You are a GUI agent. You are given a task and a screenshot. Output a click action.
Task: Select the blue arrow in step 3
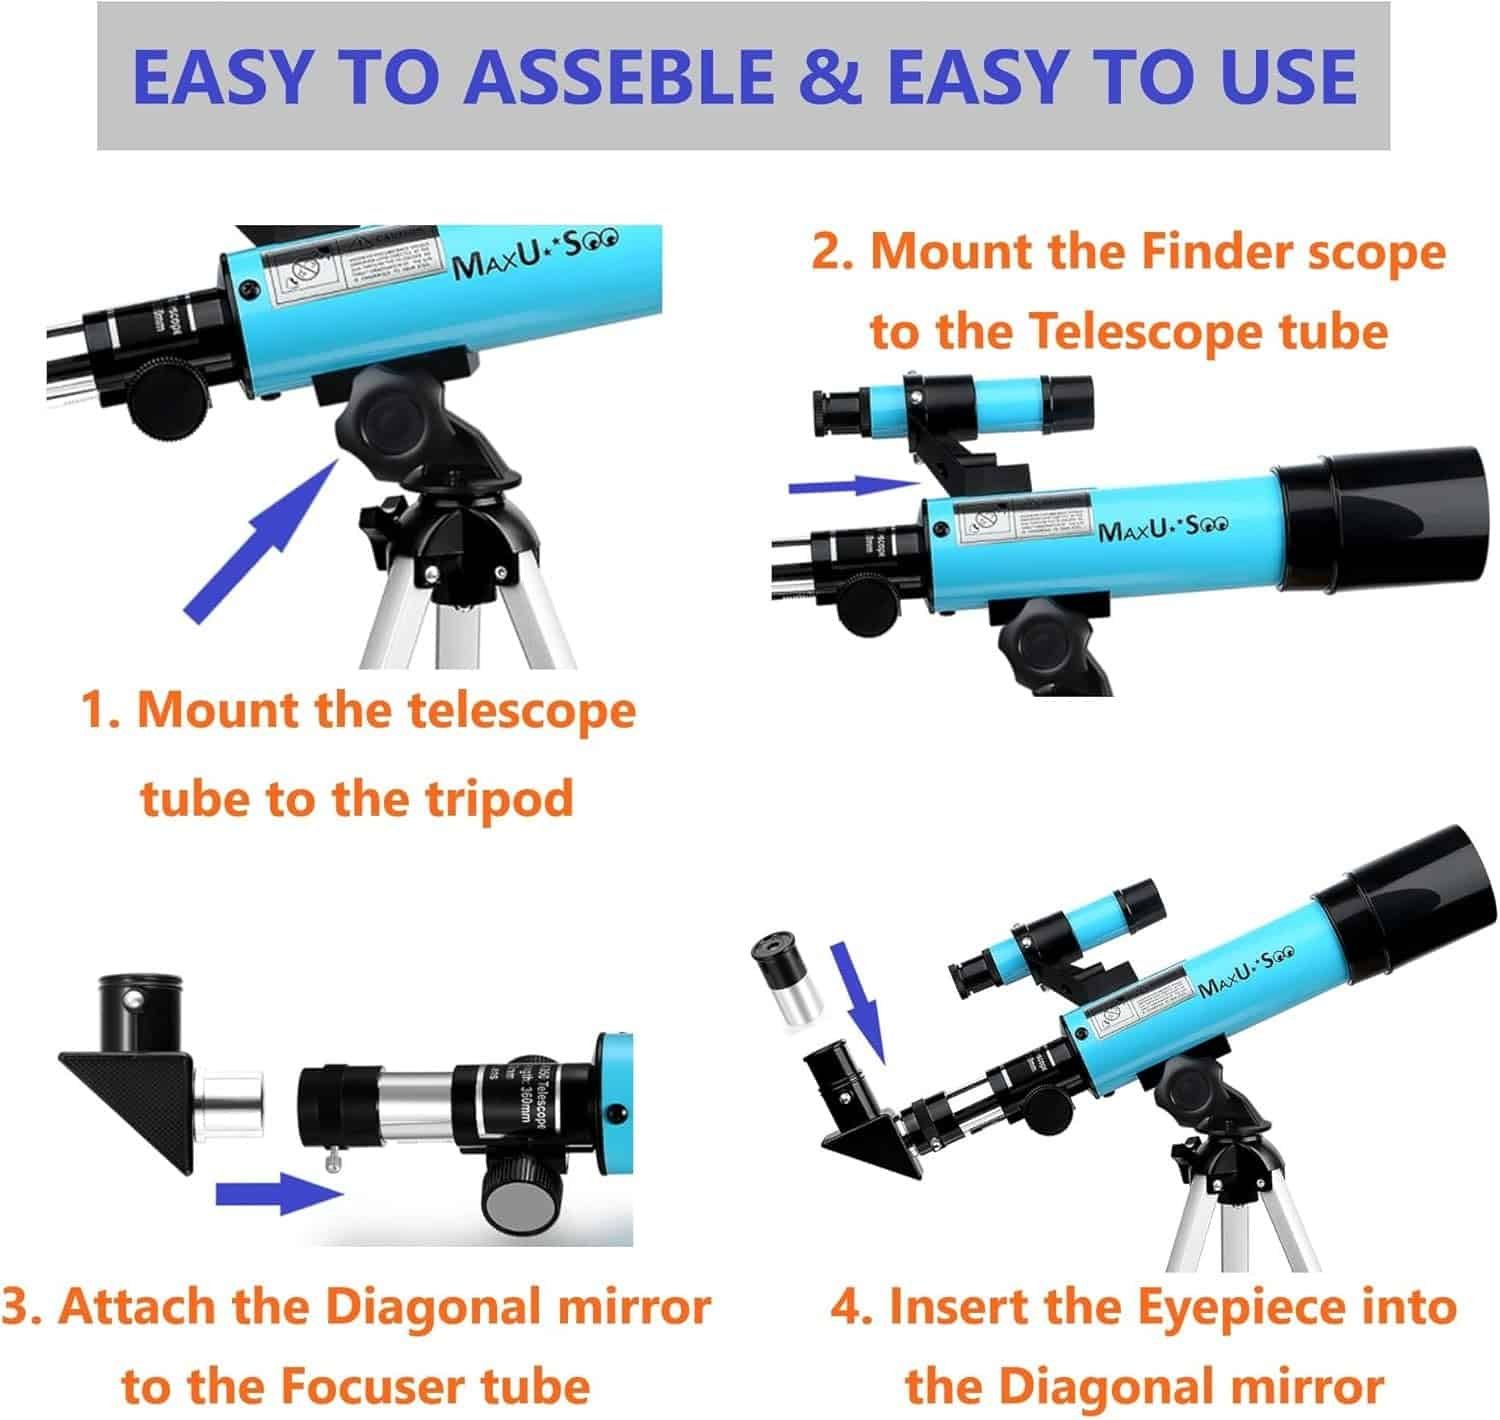[279, 1192]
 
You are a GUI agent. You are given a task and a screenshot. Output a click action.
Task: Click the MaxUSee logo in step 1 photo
[536, 253]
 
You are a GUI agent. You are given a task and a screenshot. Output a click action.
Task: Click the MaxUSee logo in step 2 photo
[1163, 525]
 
